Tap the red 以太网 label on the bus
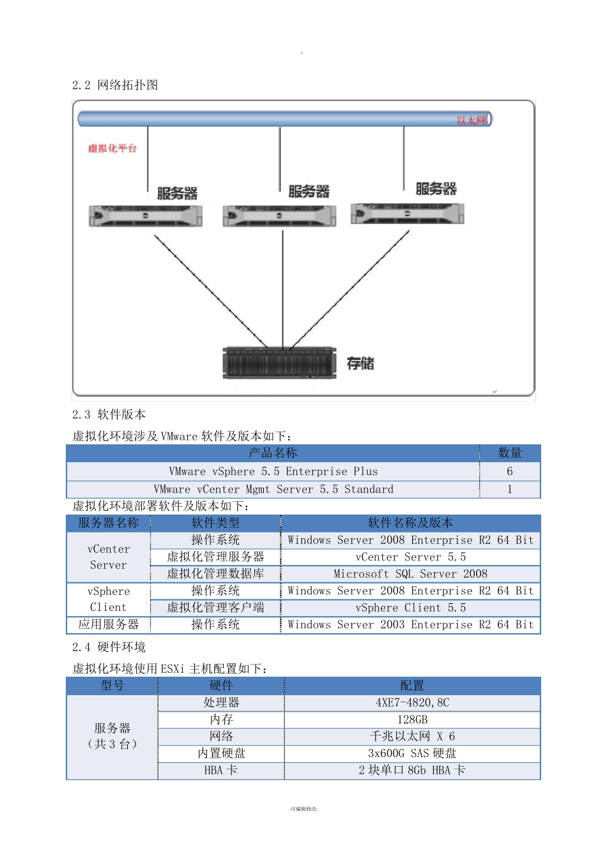click(471, 120)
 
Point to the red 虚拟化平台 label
click(112, 148)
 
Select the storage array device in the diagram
click(279, 363)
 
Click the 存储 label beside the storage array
click(360, 363)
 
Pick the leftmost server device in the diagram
click(146, 216)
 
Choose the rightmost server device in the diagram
click(408, 213)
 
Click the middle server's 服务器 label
click(309, 192)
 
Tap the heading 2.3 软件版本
click(109, 414)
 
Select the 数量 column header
click(509, 453)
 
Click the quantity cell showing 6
click(509, 471)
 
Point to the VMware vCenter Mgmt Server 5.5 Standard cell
click(273, 489)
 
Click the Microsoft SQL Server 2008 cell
click(410, 574)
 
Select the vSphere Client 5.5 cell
click(410, 608)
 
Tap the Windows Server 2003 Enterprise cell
click(410, 624)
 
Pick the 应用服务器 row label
click(109, 624)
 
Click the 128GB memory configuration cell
click(412, 719)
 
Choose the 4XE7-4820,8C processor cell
click(412, 702)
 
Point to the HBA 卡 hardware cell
click(221, 770)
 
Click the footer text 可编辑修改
click(303, 809)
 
